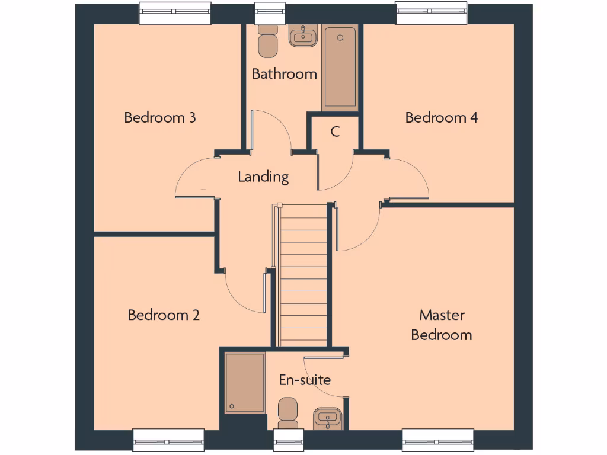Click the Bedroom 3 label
tap(160, 117)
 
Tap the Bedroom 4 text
tap(441, 117)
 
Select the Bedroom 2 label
tap(164, 315)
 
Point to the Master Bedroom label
tap(442, 325)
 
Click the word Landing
tap(263, 177)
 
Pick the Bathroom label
tap(285, 74)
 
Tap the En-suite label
tap(305, 380)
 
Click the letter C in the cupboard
tap(335, 132)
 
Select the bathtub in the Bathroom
tap(340, 67)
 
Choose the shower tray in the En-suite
tap(245, 383)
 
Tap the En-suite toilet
tap(288, 412)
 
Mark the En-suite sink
tap(327, 418)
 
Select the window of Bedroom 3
tap(175, 14)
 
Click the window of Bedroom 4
tap(431, 14)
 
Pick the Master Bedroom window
tap(439, 441)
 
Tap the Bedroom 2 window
tap(168, 441)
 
